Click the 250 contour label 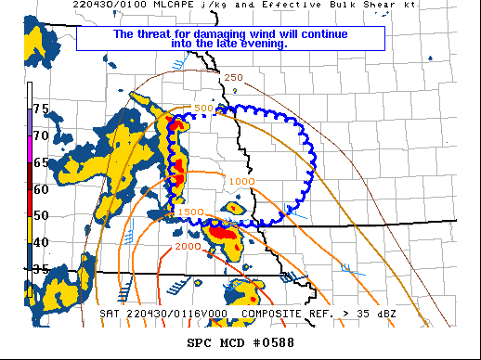233,77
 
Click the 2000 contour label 187,247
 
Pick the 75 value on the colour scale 41,109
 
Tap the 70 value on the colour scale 41,135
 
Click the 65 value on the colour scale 41,162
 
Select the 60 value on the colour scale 41,189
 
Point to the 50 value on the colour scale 41,215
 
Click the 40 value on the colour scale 41,242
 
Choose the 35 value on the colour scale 41,269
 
